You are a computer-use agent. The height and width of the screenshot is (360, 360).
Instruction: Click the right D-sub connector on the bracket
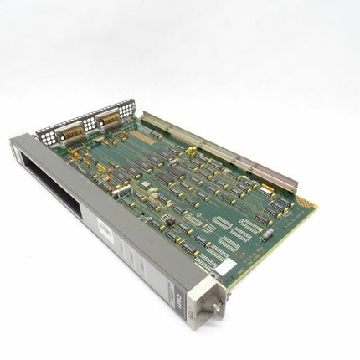(108, 120)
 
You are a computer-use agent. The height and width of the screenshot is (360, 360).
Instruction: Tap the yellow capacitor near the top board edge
(192, 151)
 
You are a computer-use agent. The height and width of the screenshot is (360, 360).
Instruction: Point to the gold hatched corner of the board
(306, 202)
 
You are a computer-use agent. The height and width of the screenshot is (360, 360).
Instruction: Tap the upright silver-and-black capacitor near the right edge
(267, 235)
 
